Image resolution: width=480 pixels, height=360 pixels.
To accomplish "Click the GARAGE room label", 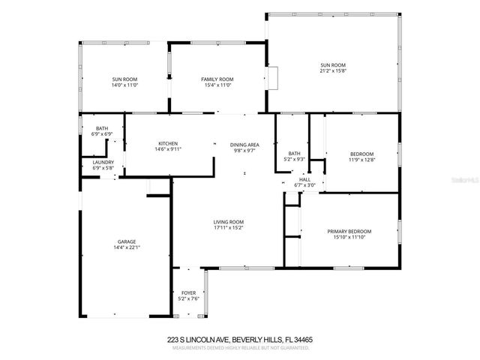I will pos(126,241).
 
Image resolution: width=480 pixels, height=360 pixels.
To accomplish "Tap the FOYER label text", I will pos(190,292).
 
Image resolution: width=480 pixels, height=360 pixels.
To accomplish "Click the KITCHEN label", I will pos(168,143).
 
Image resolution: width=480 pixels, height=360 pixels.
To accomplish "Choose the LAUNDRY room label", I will pos(103,162).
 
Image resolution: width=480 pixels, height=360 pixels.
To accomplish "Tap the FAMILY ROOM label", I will pos(217,79).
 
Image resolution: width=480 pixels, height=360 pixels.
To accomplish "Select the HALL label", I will pos(304,179).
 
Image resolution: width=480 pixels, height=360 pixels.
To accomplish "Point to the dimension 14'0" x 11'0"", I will pos(125,85).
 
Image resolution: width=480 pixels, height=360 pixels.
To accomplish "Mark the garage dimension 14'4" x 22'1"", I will pos(126,247).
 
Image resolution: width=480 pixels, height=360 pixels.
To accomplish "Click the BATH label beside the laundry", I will pos(101,128).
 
